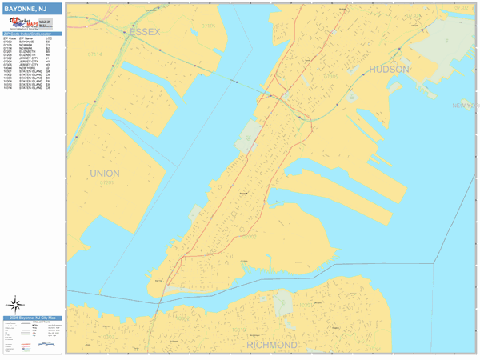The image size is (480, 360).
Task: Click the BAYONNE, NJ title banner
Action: coord(30,9)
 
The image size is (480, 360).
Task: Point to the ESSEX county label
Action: coord(144,31)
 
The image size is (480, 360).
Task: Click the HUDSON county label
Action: coord(389,70)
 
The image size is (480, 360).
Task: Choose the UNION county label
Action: coord(105,173)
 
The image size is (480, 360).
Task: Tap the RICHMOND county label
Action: coord(272,345)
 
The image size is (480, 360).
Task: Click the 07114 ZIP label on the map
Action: coord(95,54)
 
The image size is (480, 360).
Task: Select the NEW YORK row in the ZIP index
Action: coord(30,69)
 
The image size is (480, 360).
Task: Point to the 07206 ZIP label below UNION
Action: coord(106,182)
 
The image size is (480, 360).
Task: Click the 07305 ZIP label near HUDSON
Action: coord(330,75)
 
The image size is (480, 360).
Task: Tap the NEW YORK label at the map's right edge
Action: coord(465,106)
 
